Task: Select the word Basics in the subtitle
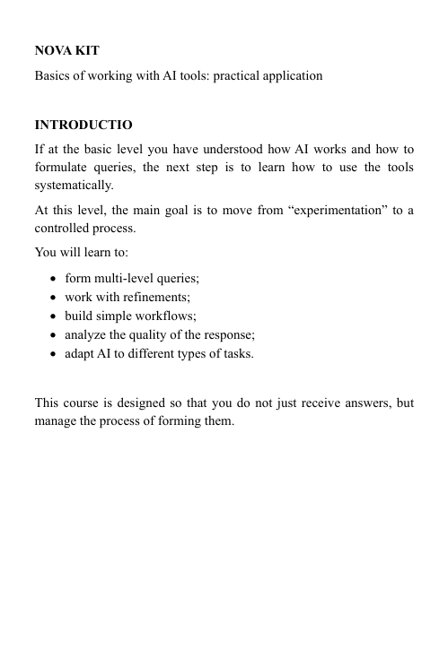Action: (x=53, y=76)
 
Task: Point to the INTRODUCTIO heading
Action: (x=83, y=124)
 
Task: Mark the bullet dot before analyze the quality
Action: (x=56, y=335)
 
